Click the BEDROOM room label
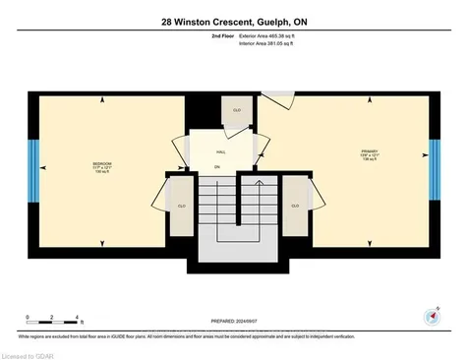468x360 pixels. [x=102, y=163]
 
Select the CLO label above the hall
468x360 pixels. [x=237, y=110]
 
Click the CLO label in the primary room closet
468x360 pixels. [x=294, y=206]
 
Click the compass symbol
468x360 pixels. [x=428, y=315]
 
